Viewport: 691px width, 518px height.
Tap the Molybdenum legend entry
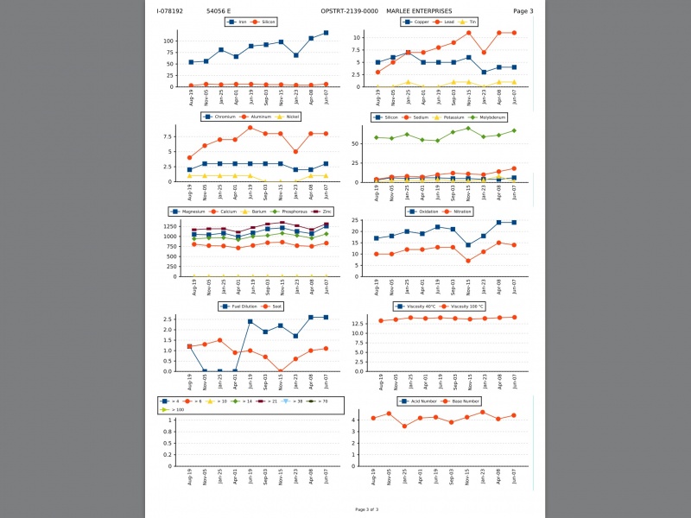490,117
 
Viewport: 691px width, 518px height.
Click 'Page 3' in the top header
523,11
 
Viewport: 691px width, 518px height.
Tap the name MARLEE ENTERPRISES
419,11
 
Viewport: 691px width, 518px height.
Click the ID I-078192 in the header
169,11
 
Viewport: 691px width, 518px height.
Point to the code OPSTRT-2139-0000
349,11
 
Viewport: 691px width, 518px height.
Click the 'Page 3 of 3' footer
367,509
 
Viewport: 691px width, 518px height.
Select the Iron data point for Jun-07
326,33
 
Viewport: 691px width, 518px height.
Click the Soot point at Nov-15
281,371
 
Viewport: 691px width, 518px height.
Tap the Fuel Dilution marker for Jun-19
250,321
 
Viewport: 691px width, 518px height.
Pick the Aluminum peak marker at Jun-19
250,128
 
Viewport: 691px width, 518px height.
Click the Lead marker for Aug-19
377,72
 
